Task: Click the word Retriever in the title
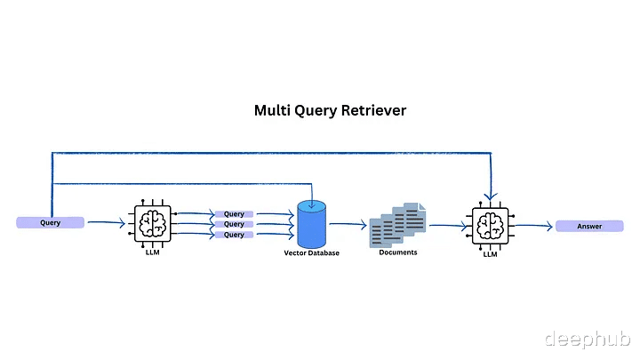coord(373,110)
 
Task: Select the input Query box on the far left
coord(50,222)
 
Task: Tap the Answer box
coord(589,226)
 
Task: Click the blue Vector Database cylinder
coord(311,224)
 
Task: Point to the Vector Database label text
coord(311,253)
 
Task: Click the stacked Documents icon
coord(397,225)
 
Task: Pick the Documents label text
coord(398,252)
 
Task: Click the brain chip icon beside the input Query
coord(153,224)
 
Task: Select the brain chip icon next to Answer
coord(490,226)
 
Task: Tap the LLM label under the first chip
coord(153,252)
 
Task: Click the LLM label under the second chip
coord(490,254)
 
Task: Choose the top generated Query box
coord(234,214)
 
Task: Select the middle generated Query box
coord(234,224)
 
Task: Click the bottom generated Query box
coord(234,235)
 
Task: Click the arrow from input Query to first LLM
coord(106,222)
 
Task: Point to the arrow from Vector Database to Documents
coord(348,224)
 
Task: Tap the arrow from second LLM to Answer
coord(534,226)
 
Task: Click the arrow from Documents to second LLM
coord(448,225)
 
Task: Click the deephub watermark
coord(588,339)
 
